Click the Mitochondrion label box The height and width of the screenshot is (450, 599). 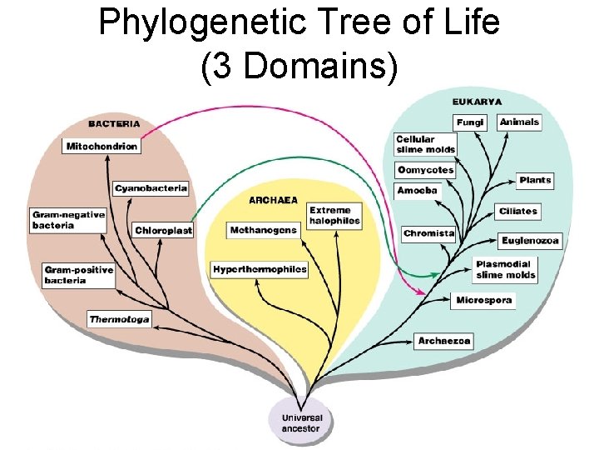(x=101, y=146)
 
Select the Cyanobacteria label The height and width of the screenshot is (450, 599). (x=151, y=188)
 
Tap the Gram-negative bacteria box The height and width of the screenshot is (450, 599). (x=68, y=220)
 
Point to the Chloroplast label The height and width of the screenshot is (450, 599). (x=163, y=230)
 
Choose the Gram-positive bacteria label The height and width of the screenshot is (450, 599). (x=78, y=275)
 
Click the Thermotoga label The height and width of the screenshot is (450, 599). (x=120, y=319)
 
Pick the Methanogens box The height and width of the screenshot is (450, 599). (x=263, y=230)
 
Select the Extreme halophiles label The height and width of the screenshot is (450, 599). (x=334, y=216)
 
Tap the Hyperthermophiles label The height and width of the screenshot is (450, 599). (x=260, y=269)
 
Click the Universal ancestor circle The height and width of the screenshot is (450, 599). (x=300, y=422)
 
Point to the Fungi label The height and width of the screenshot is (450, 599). (x=469, y=122)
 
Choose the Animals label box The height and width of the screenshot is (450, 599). (x=520, y=122)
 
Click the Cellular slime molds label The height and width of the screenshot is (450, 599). (x=425, y=144)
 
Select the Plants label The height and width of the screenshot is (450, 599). (x=535, y=180)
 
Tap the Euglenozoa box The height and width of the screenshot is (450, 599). (x=531, y=241)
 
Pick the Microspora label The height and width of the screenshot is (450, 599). (x=484, y=300)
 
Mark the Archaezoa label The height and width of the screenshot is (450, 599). (x=444, y=341)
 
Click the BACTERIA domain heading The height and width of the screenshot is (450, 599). (x=116, y=123)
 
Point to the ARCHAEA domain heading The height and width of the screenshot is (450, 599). (x=273, y=200)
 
